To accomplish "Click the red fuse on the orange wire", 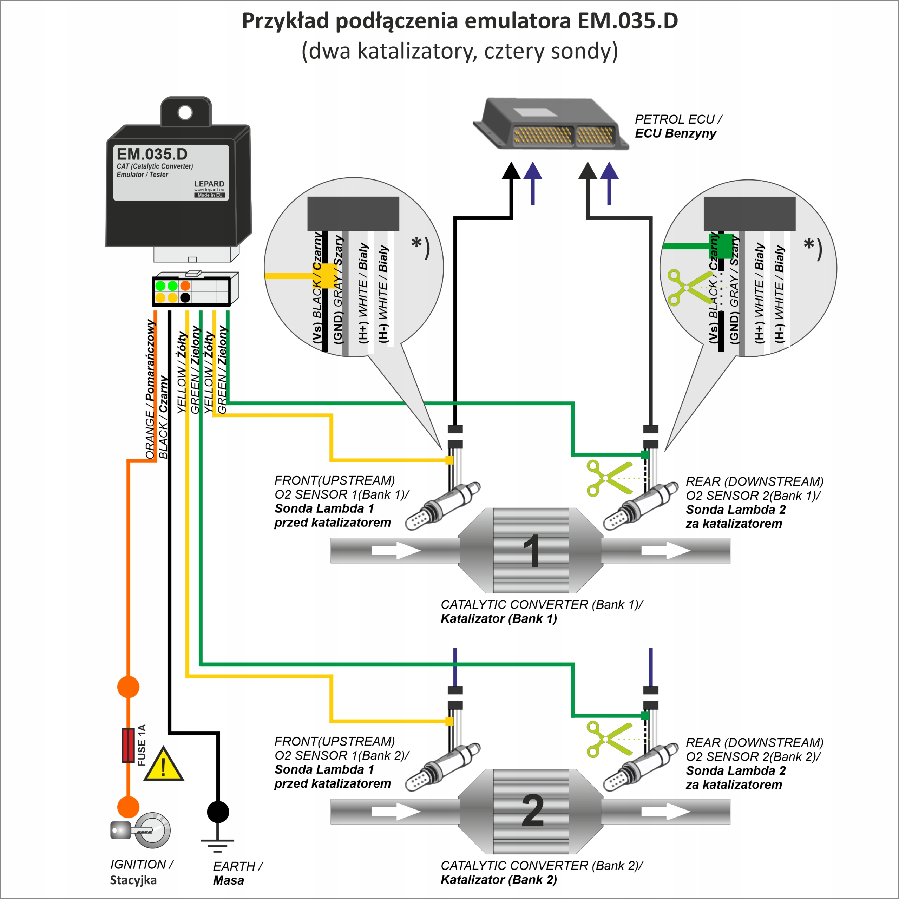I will tap(128, 745).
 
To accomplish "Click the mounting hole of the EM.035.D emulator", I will tap(185, 112).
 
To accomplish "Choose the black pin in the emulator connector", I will tap(185, 298).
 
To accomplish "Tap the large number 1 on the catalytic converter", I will tap(532, 551).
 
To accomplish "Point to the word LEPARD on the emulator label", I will tap(209, 184).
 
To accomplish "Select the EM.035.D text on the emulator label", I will tap(152, 154).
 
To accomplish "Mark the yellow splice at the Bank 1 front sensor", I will tap(449, 460).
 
